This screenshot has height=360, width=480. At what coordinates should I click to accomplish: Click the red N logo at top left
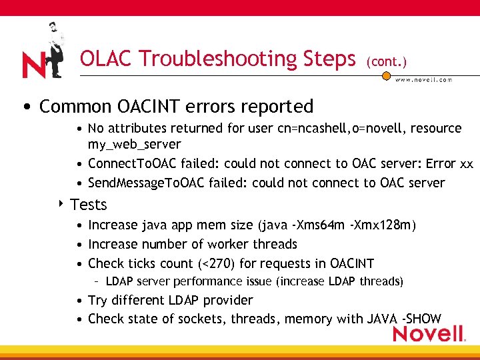tap(33, 64)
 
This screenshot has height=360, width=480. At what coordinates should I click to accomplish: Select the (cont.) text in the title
tap(386, 61)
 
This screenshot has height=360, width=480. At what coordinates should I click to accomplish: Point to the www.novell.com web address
tap(424, 80)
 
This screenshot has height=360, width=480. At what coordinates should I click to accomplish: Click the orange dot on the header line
tap(385, 75)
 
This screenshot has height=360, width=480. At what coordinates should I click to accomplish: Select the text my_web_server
tap(134, 144)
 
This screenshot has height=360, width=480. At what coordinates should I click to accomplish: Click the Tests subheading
tap(88, 205)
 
